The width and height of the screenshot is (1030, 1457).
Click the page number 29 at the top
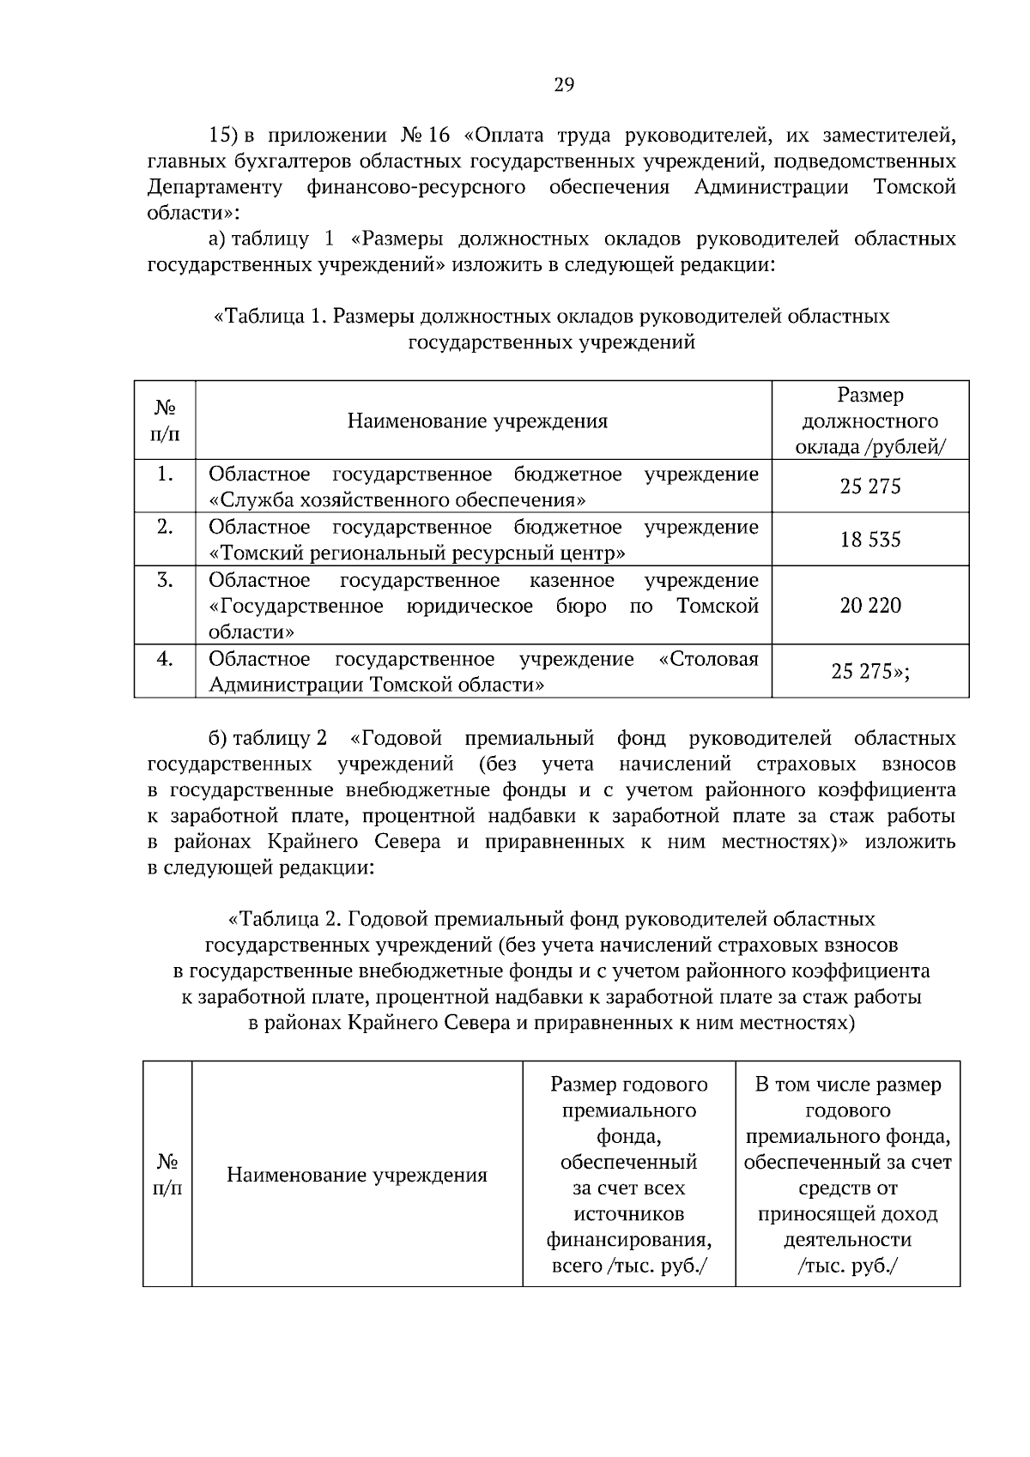tap(563, 84)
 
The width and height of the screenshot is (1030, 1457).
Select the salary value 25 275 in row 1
tap(870, 487)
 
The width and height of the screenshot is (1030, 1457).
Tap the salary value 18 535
tap(870, 540)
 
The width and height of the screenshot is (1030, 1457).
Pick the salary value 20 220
tap(870, 606)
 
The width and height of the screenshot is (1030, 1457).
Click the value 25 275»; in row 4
tap(870, 672)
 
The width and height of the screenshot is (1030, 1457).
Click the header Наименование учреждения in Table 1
tap(477, 421)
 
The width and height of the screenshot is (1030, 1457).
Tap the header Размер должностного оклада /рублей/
tap(870, 421)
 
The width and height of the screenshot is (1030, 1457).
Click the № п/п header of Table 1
tap(165, 421)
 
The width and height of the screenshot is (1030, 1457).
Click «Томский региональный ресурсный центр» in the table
tap(417, 553)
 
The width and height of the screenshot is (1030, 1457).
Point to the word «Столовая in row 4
tap(709, 659)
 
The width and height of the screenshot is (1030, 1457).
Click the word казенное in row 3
tap(572, 581)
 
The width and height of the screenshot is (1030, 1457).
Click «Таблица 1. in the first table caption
tap(269, 317)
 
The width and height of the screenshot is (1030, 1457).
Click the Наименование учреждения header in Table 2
tap(357, 1176)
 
